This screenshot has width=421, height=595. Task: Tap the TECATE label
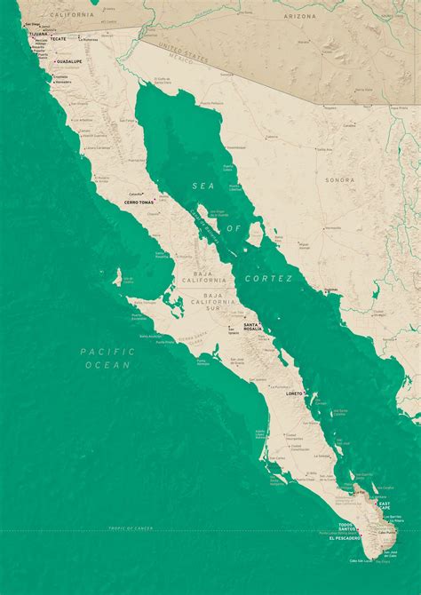59,39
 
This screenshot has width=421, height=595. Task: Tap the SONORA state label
338,179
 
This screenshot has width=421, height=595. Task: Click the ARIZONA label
299,16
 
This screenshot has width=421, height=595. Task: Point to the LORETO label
294,393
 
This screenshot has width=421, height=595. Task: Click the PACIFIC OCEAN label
107,358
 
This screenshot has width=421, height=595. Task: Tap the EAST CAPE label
384,505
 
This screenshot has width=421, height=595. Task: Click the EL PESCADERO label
345,538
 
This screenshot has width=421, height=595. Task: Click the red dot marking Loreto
306,393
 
